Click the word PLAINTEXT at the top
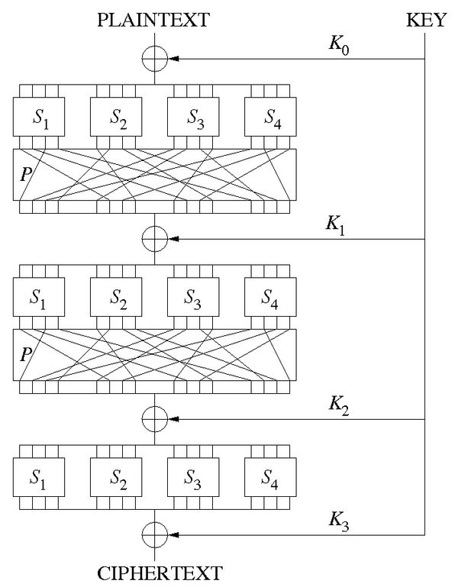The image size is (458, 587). coord(154,20)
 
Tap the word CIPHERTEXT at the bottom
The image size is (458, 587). coord(154,571)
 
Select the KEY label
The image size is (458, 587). coord(424,20)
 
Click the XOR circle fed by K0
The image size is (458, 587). coord(154,58)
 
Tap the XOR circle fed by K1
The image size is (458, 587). coord(154,239)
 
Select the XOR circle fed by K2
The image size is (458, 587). coord(154,419)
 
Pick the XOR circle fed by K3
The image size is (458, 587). coord(154,532)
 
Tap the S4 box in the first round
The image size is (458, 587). coord(271,118)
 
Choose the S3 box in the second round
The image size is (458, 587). coord(193,298)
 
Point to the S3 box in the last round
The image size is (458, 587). coord(193,478)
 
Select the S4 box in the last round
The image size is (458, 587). coord(271,478)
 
